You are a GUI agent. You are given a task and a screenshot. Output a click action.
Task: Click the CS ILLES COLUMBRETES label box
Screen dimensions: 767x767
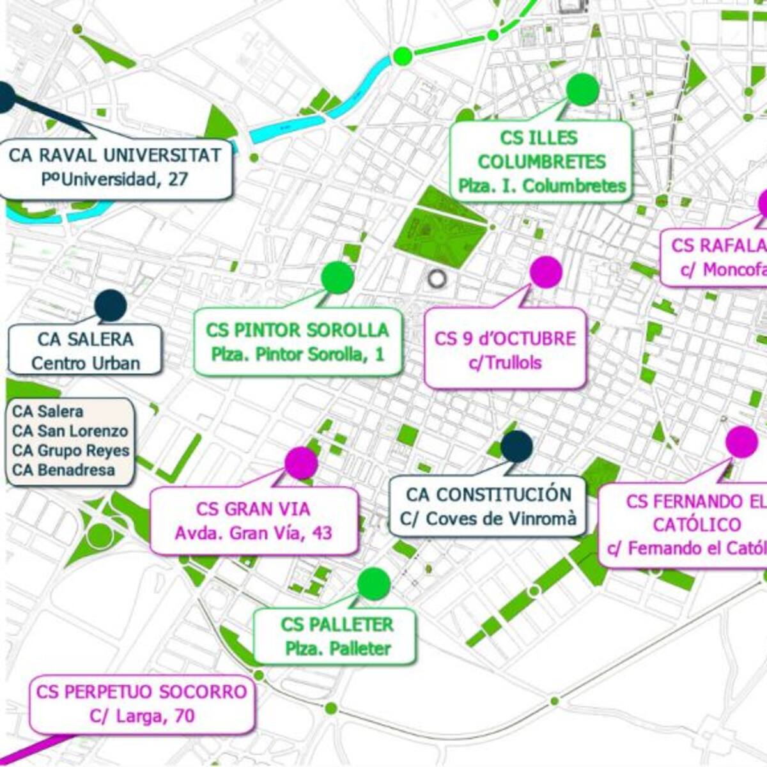pyautogui.click(x=541, y=161)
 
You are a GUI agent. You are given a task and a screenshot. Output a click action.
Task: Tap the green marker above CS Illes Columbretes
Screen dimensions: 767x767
pyautogui.click(x=582, y=89)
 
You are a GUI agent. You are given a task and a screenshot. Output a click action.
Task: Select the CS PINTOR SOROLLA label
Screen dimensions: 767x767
pyautogui.click(x=298, y=341)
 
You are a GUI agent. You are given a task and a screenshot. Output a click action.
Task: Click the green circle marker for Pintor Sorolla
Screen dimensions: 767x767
pyautogui.click(x=337, y=277)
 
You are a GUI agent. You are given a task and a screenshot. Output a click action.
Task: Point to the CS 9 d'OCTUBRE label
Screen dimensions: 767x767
pyautogui.click(x=505, y=349)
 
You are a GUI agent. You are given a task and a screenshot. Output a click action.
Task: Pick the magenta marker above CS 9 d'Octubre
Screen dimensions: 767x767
pyautogui.click(x=546, y=272)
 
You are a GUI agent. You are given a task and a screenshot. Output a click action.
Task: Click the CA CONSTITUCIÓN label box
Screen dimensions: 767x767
pyautogui.click(x=488, y=506)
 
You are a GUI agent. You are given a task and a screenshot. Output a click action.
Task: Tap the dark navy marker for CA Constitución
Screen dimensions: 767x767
pyautogui.click(x=516, y=446)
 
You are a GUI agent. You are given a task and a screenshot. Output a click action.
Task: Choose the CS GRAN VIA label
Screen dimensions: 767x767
pyautogui.click(x=253, y=520)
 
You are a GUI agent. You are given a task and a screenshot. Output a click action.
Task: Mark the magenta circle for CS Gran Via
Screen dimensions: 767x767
pyautogui.click(x=301, y=463)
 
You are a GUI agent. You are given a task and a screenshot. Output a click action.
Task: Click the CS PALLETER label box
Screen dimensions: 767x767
pyautogui.click(x=337, y=636)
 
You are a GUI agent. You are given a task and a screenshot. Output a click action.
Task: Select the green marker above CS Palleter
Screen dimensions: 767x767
pyautogui.click(x=374, y=583)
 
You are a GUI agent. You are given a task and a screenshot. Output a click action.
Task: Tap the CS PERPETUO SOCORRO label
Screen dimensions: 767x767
pyautogui.click(x=141, y=703)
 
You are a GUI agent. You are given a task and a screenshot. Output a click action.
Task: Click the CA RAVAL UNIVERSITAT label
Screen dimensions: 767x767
pyautogui.click(x=115, y=166)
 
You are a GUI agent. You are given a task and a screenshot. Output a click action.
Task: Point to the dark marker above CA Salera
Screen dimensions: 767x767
pyautogui.click(x=110, y=306)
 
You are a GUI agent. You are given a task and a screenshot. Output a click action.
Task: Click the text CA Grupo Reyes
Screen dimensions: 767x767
pyautogui.click(x=70, y=451)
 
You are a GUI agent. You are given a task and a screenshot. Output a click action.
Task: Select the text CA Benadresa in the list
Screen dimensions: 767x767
pyautogui.click(x=63, y=470)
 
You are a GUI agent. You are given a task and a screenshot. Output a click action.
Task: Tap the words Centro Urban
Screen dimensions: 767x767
pyautogui.click(x=85, y=364)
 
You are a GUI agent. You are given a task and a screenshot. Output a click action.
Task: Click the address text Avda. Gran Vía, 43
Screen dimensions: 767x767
pyautogui.click(x=253, y=533)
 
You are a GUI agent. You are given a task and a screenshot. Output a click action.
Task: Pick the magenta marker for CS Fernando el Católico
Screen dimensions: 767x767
pyautogui.click(x=742, y=442)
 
